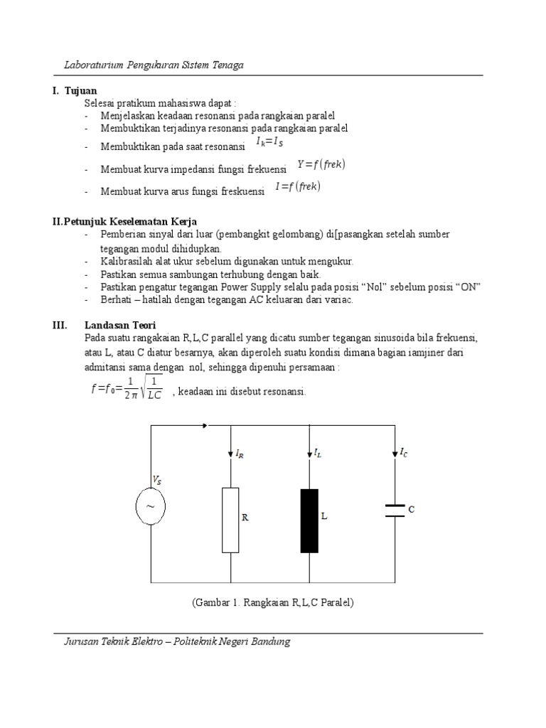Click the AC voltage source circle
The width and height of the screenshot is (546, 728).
151,505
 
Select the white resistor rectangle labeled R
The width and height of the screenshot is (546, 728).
230,519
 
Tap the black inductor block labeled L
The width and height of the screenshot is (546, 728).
309,520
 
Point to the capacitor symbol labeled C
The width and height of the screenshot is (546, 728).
395,510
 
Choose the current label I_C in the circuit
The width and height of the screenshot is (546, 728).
403,451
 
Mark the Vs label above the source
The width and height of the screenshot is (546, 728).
157,480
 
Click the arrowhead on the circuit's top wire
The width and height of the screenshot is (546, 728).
205,426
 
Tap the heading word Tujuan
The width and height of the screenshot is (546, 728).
80,91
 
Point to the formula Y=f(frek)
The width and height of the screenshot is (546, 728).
321,164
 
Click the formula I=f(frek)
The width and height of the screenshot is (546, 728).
298,188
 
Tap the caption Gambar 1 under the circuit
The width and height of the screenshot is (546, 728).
273,602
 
